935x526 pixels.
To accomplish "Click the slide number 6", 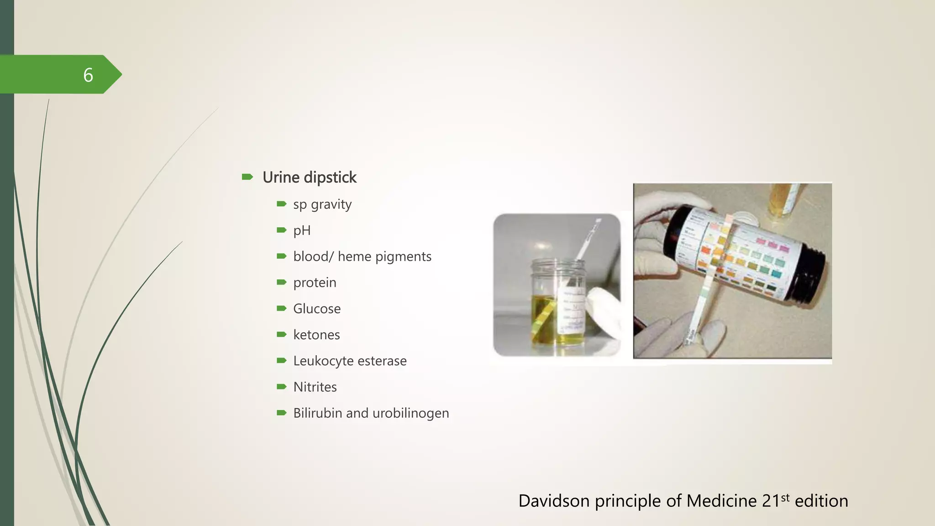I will click(x=88, y=75).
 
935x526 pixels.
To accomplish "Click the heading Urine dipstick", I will click(x=309, y=177).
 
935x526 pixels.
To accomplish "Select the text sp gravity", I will click(x=322, y=205).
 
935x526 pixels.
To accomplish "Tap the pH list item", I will click(x=302, y=231).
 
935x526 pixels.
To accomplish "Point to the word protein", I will click(x=315, y=283).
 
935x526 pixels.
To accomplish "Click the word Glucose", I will click(x=317, y=309).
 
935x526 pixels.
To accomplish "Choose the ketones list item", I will click(x=316, y=335).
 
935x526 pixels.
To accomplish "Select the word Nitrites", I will click(x=315, y=387).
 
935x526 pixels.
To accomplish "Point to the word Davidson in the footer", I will click(x=554, y=501).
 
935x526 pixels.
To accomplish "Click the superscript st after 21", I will click(x=785, y=497).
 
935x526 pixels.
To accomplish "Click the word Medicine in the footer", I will click(x=721, y=501).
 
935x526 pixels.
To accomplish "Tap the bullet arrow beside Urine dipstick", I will click(x=247, y=177).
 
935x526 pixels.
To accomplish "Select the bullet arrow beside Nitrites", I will click(x=282, y=387).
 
